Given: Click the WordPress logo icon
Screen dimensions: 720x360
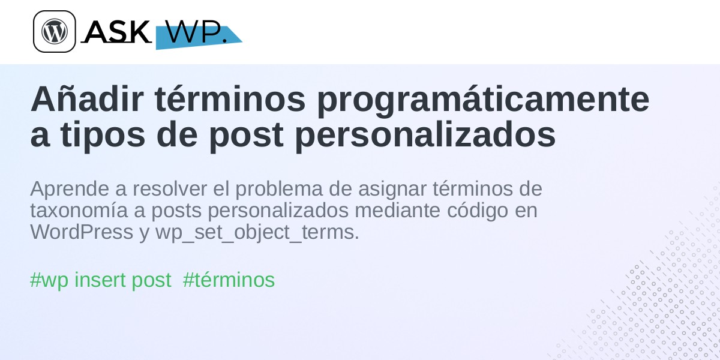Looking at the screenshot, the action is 55,31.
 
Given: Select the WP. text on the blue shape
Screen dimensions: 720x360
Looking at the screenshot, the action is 196,32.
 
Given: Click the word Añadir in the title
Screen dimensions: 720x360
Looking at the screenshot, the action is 87,99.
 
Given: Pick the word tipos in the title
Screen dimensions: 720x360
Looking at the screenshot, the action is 103,136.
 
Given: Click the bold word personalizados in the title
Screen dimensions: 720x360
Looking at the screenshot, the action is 425,136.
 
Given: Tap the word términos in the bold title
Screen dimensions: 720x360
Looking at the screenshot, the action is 230,99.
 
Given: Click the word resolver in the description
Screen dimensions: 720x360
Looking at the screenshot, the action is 170,188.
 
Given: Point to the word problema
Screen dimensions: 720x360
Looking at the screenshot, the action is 279,190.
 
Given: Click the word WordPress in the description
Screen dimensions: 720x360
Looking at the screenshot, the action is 82,232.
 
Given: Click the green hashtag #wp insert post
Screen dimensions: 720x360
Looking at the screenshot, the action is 101,280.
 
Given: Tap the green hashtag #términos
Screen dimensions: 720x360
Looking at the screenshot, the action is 229,280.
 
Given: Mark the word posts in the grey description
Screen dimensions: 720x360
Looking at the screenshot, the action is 176,211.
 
